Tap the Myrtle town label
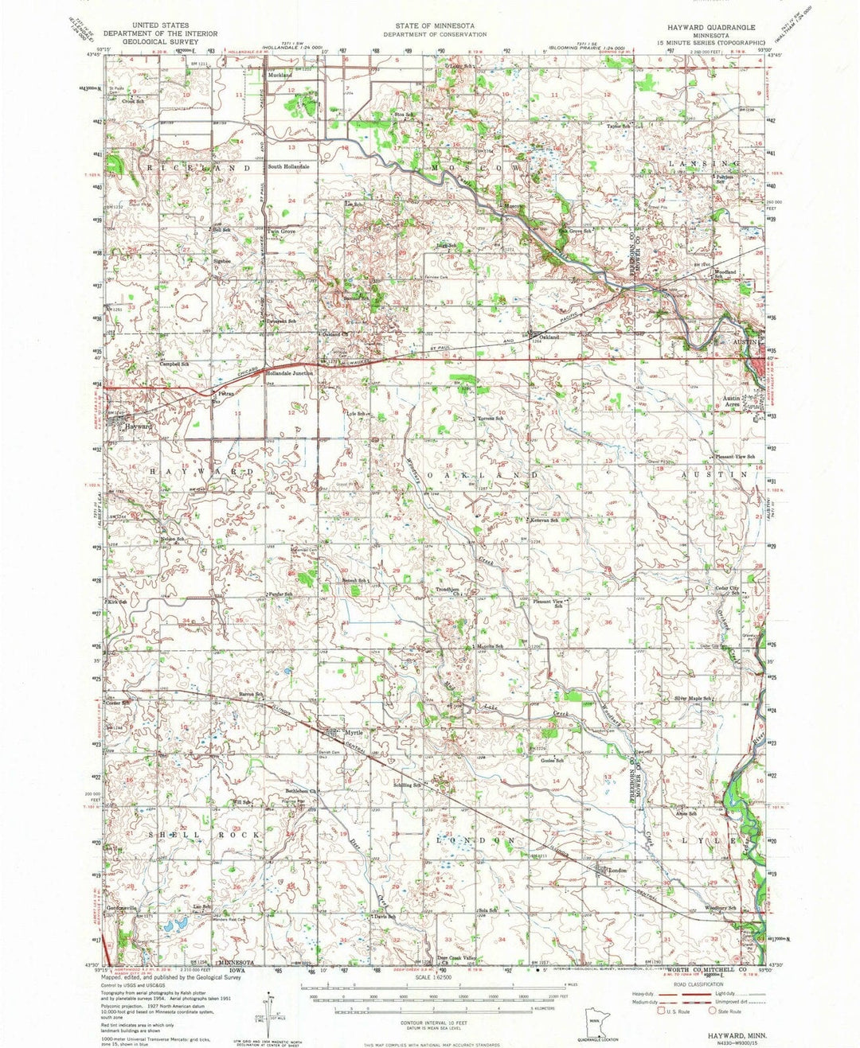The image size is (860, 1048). coord(353,733)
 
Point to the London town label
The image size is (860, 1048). coord(618,871)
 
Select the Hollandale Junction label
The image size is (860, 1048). coord(290,372)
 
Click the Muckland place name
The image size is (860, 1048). coord(280,75)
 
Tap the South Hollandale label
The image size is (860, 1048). coord(288,166)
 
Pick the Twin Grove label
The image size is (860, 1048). coord(282,232)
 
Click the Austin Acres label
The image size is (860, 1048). coord(733,401)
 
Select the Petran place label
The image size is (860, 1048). coord(225,392)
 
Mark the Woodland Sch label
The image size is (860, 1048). coord(725,275)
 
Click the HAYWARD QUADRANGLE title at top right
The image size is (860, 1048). coord(694,26)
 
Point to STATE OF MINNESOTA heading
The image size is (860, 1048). coord(434,26)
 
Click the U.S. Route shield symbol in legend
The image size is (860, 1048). coord(659,1011)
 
